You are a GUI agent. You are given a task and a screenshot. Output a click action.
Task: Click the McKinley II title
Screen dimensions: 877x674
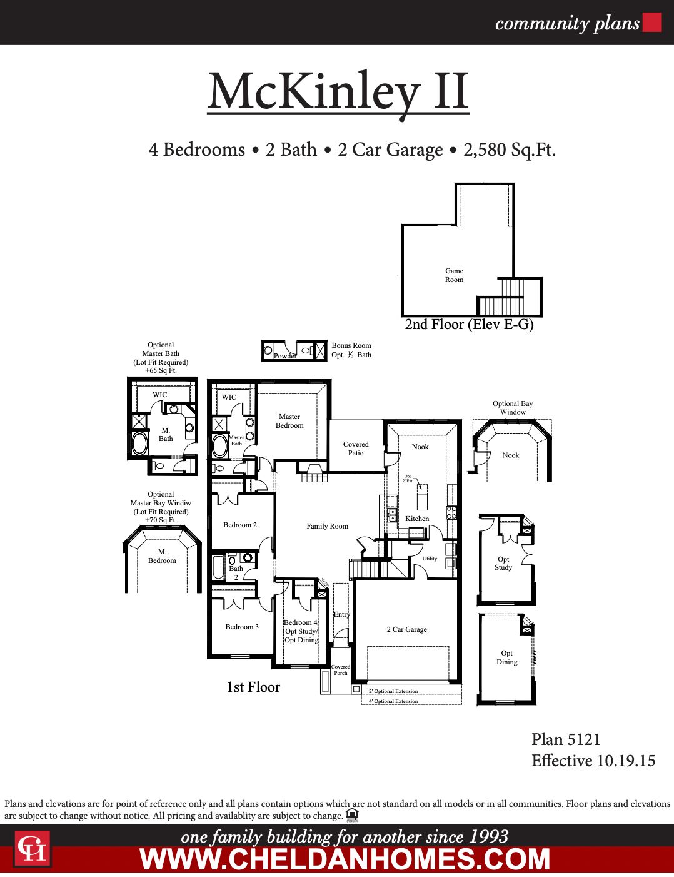click(338, 93)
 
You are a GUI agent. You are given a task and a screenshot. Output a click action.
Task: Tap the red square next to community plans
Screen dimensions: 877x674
click(652, 23)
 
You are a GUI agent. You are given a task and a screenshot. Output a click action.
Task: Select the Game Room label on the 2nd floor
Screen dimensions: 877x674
click(454, 275)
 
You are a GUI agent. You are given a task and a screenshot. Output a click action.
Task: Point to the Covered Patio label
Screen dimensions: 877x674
click(356, 449)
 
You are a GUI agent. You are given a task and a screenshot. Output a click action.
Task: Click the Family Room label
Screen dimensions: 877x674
click(327, 526)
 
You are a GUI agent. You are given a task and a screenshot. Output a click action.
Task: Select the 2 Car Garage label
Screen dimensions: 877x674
click(406, 629)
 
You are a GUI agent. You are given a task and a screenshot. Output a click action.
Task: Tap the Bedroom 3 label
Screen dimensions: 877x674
click(242, 627)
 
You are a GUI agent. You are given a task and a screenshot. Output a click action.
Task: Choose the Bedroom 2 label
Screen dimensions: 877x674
click(240, 525)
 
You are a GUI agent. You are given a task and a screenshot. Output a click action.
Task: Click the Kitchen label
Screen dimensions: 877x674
click(417, 519)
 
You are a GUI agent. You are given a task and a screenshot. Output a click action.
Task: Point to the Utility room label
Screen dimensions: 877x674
click(430, 559)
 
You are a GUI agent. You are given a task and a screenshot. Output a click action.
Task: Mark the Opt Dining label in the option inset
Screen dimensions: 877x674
click(506, 657)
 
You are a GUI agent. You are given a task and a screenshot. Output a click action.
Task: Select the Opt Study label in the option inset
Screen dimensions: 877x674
click(503, 564)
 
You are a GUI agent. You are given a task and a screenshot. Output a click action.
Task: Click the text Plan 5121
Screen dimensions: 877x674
click(565, 739)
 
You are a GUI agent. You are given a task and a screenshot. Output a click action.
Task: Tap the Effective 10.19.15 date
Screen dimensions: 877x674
click(593, 761)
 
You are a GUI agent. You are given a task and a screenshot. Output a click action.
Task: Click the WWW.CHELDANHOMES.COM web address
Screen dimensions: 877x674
click(345, 859)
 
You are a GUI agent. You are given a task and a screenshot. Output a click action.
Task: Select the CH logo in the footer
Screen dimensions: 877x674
click(32, 849)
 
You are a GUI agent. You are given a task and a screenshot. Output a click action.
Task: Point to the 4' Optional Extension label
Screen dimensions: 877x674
click(393, 701)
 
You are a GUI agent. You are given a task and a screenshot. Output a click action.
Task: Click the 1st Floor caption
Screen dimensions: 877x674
click(253, 687)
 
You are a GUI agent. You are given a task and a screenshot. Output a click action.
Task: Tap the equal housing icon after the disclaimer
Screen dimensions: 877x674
click(351, 814)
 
